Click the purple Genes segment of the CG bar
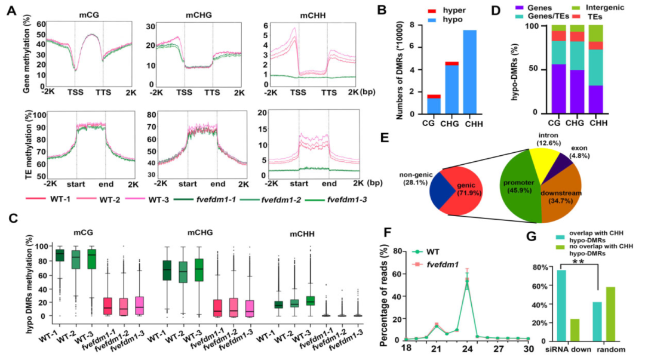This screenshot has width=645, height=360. [x=559, y=88]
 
